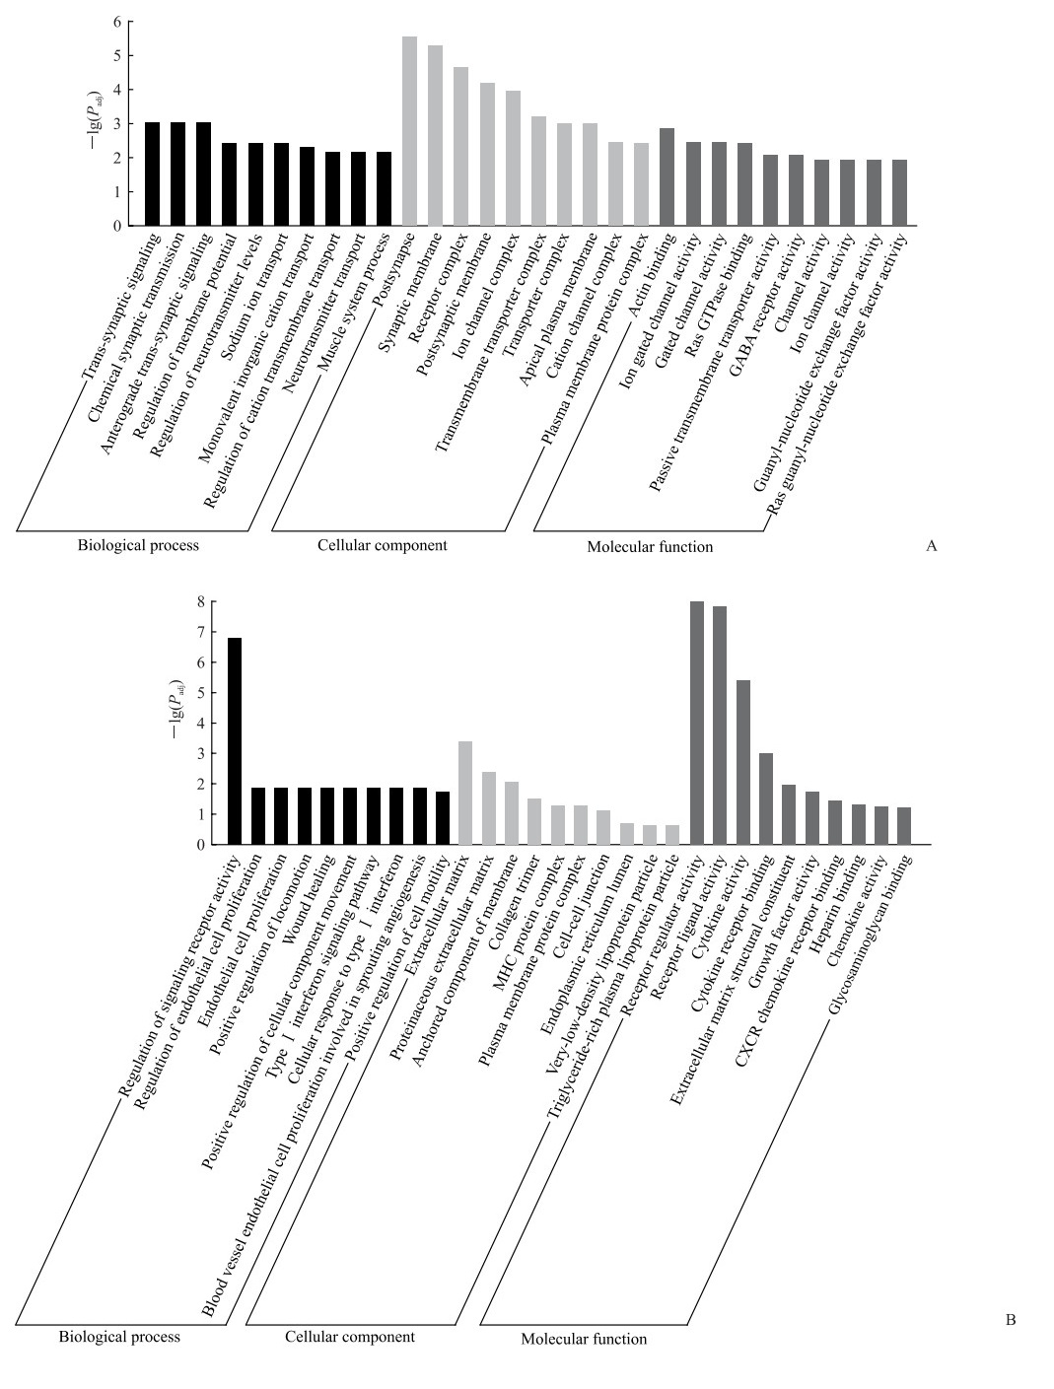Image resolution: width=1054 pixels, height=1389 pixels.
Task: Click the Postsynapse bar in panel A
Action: point(409,131)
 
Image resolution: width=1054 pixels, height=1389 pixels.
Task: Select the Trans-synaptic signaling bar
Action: point(152,174)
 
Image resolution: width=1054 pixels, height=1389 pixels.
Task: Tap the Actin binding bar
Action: point(667,177)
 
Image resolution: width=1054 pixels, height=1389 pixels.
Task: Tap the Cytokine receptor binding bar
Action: point(766,799)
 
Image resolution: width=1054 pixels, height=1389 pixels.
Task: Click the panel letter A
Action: point(930,545)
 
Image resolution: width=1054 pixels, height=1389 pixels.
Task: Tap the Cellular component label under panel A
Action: point(382,545)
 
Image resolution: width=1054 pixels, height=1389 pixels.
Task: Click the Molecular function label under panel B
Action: point(584,1339)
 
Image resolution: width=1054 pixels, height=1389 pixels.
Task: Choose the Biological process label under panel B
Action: point(119,1337)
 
